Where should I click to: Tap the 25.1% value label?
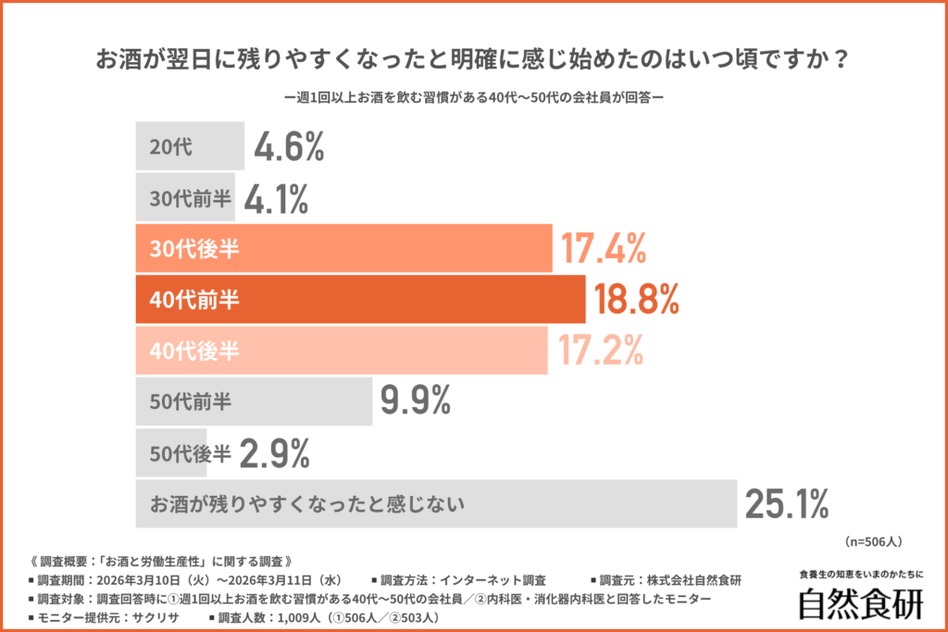pos(786,504)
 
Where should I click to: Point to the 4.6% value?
pos(289,146)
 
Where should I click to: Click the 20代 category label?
pos(170,146)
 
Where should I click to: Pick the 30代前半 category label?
pos(189,197)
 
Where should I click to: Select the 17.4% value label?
pos(601,249)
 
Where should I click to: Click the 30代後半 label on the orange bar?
pos(189,249)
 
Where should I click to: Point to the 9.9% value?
pos(416,402)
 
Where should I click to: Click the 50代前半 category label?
pos(190,402)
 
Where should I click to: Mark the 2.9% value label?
pos(274,452)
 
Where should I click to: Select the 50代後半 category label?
pos(189,452)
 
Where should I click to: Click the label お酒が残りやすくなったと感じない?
pos(306,504)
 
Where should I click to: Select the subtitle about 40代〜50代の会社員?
pos(473,96)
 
